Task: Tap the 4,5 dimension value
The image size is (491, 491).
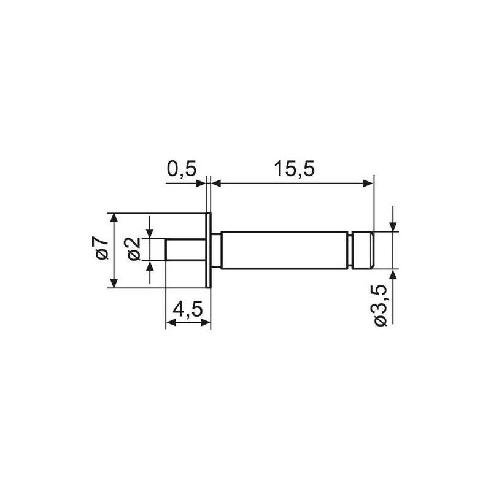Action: tap(187, 310)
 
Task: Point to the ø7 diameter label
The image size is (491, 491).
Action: tap(102, 249)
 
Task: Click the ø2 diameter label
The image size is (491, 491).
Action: tap(135, 249)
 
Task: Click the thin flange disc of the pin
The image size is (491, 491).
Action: tap(208, 250)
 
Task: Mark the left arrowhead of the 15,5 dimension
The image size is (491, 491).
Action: tap(217, 182)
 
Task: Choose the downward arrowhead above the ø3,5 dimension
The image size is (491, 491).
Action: tap(393, 226)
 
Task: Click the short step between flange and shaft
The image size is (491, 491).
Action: tap(215, 250)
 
